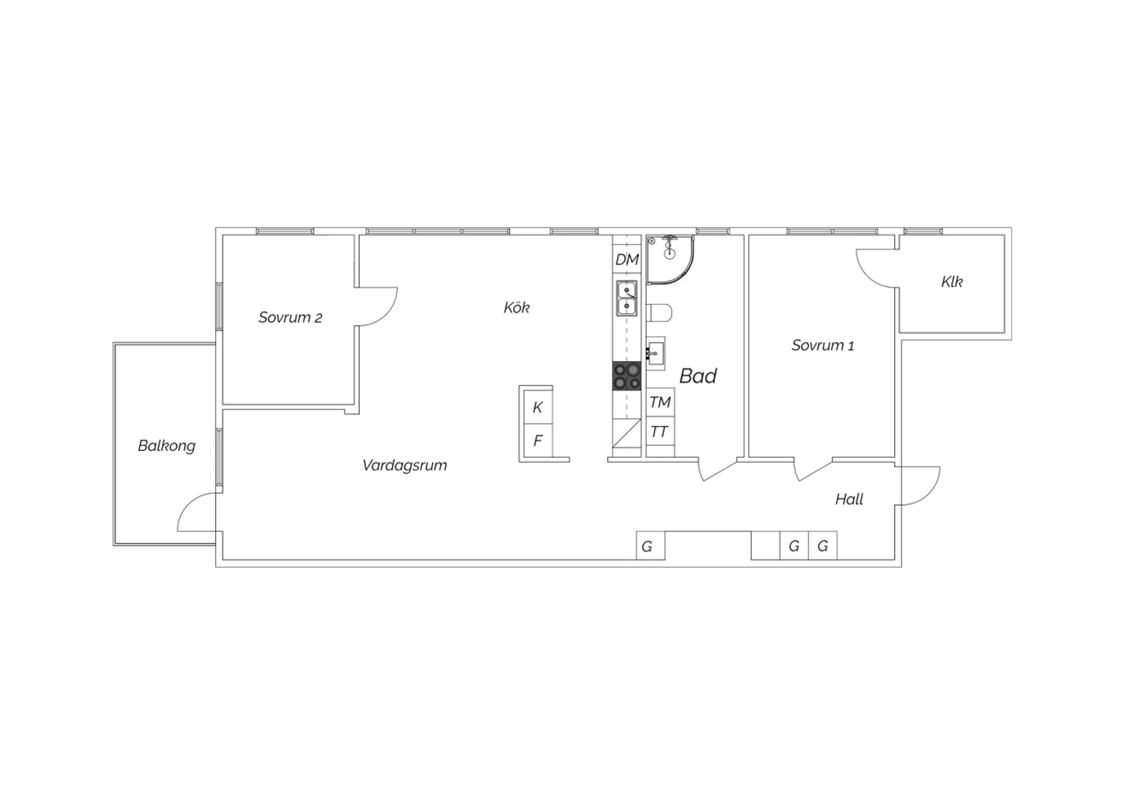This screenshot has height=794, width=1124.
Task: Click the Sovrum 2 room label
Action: (x=290, y=318)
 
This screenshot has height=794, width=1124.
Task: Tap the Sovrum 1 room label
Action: (x=823, y=345)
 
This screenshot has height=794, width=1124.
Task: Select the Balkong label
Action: (x=166, y=446)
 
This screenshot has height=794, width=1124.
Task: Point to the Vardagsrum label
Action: (x=405, y=465)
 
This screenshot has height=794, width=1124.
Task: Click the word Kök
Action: (x=516, y=307)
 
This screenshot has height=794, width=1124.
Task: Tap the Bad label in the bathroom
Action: (x=698, y=376)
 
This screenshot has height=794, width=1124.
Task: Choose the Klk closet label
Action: (x=952, y=282)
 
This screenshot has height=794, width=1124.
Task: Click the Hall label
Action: (x=849, y=499)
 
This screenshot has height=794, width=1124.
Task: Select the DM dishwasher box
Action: (x=626, y=259)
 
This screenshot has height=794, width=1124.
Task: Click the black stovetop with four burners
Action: (x=626, y=376)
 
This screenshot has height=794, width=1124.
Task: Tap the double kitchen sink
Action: (x=626, y=298)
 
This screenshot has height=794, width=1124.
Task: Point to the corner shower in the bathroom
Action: (x=670, y=259)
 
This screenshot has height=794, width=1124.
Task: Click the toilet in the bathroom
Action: (x=659, y=313)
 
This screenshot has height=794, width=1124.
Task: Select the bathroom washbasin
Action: (x=656, y=354)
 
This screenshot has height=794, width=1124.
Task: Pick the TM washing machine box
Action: (x=660, y=402)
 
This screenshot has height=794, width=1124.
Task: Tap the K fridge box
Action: (x=538, y=407)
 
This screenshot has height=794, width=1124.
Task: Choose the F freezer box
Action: (x=538, y=440)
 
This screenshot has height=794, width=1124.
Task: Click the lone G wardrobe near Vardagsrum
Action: (x=650, y=546)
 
